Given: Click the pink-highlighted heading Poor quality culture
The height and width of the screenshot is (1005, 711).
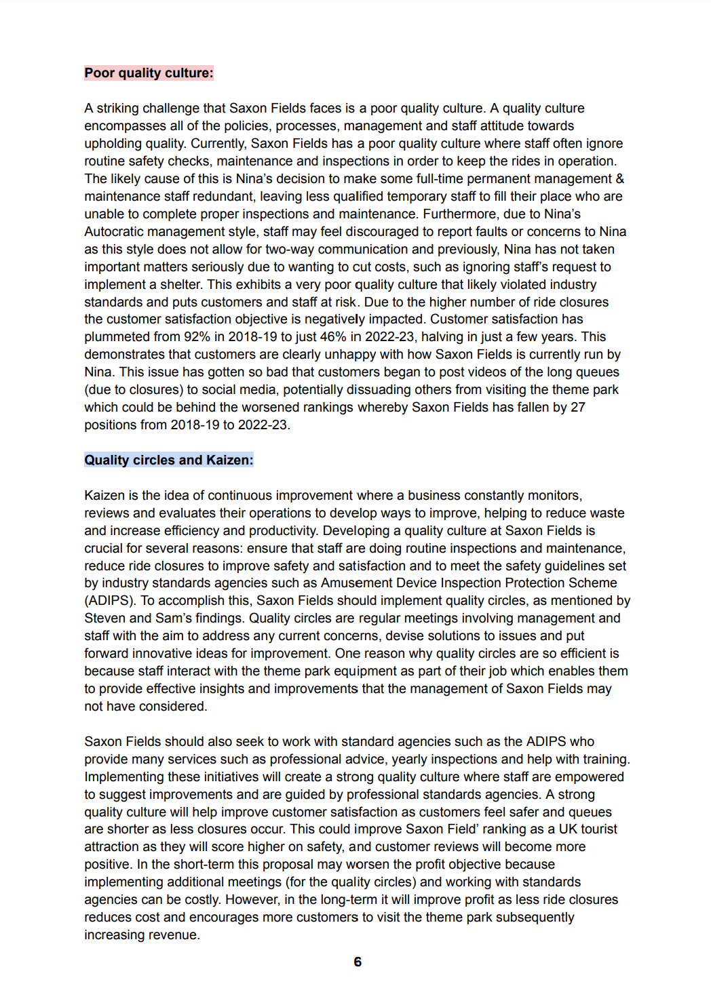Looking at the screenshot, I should click(x=149, y=73).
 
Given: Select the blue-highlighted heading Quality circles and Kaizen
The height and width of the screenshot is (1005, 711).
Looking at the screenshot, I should click(x=168, y=460).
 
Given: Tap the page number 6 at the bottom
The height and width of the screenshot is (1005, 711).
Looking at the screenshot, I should click(x=358, y=962).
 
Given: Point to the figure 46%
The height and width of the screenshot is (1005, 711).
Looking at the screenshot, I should click(x=332, y=337).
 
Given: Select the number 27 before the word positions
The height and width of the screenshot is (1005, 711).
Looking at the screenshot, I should click(x=577, y=408).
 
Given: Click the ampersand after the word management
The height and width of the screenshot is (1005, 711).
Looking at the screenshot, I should click(x=619, y=179).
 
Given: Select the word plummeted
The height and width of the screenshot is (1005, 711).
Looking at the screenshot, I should click(x=114, y=337).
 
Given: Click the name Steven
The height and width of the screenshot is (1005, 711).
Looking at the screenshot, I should click(x=104, y=618).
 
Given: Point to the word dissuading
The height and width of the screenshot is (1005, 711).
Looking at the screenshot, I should click(x=407, y=390).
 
